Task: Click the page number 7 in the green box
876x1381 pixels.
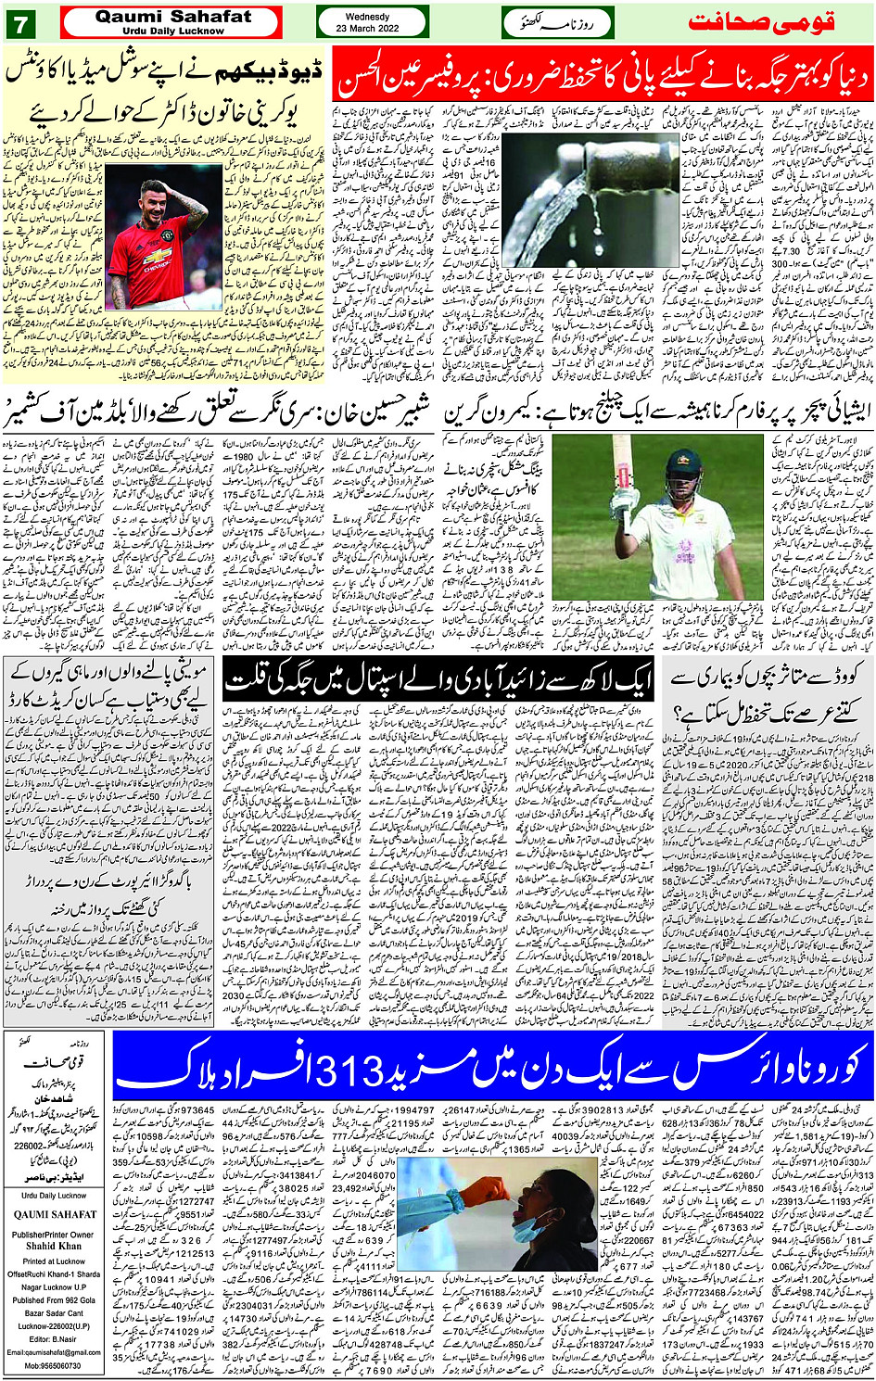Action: tap(19, 25)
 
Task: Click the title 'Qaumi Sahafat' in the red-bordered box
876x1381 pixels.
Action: tap(172, 16)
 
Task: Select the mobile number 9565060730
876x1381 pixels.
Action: tap(54, 1366)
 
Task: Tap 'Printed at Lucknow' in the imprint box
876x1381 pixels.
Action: tap(54, 1261)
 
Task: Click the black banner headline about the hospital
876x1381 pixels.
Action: tap(439, 682)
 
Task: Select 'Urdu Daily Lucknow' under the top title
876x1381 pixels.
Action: tap(172, 31)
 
